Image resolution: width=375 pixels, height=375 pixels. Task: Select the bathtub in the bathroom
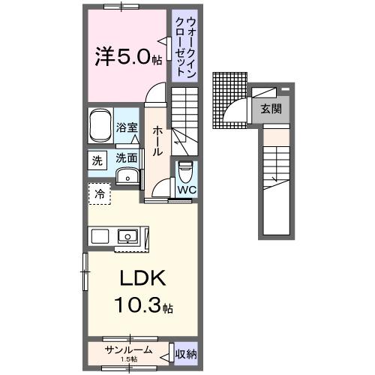(100, 127)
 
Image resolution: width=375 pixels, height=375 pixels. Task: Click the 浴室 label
(127, 128)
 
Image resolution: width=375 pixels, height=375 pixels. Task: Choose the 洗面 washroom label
(127, 159)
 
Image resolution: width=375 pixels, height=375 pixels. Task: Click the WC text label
(185, 190)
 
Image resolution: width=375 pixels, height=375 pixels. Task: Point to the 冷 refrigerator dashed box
(99, 194)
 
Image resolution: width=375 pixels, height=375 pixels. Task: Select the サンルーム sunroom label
(129, 349)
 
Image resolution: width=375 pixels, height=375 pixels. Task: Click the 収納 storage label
(186, 351)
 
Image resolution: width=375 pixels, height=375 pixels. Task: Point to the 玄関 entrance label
(271, 109)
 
